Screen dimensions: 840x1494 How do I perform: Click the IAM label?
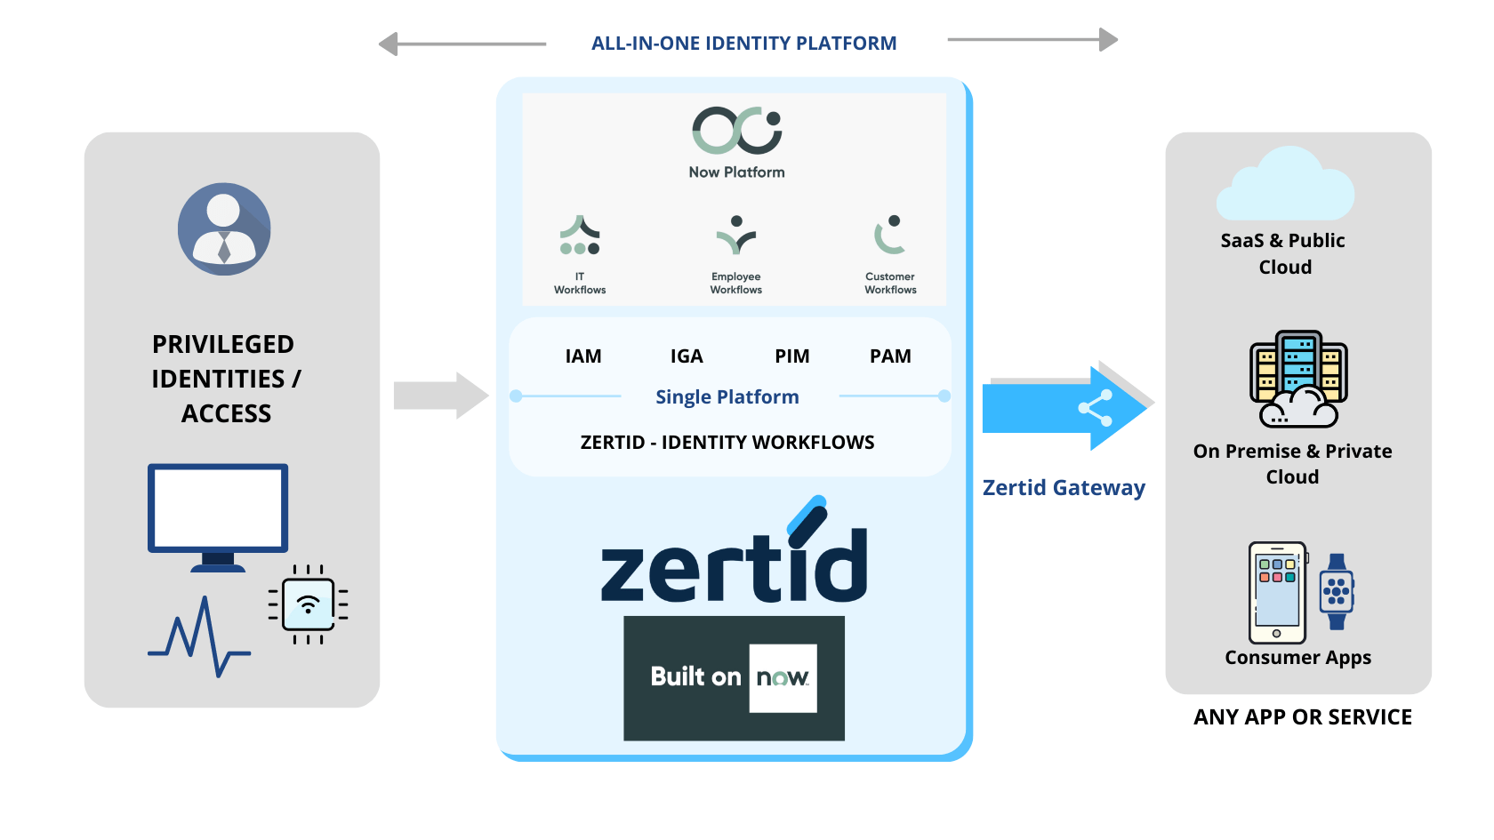point(583,356)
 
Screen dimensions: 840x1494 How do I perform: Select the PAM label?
point(890,356)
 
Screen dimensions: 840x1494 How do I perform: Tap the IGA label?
point(687,356)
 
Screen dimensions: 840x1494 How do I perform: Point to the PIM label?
point(791,356)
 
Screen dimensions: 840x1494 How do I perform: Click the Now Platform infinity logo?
point(736,131)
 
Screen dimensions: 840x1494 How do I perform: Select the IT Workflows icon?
point(580,236)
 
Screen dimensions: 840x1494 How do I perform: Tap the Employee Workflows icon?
point(736,235)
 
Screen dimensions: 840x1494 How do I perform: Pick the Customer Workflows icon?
point(889,235)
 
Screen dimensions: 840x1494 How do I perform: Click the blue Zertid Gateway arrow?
point(1063,407)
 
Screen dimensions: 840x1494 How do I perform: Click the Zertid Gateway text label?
point(1064,488)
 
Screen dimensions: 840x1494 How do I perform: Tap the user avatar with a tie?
point(224,229)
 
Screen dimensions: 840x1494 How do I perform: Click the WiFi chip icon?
point(308,604)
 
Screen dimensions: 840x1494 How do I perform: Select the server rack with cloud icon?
point(1298,380)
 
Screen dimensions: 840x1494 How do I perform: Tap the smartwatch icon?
point(1337,592)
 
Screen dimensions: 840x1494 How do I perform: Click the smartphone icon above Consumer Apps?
point(1277,592)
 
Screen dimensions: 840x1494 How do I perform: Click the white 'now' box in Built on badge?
point(783,678)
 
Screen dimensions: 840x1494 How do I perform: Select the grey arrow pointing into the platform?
point(441,396)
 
